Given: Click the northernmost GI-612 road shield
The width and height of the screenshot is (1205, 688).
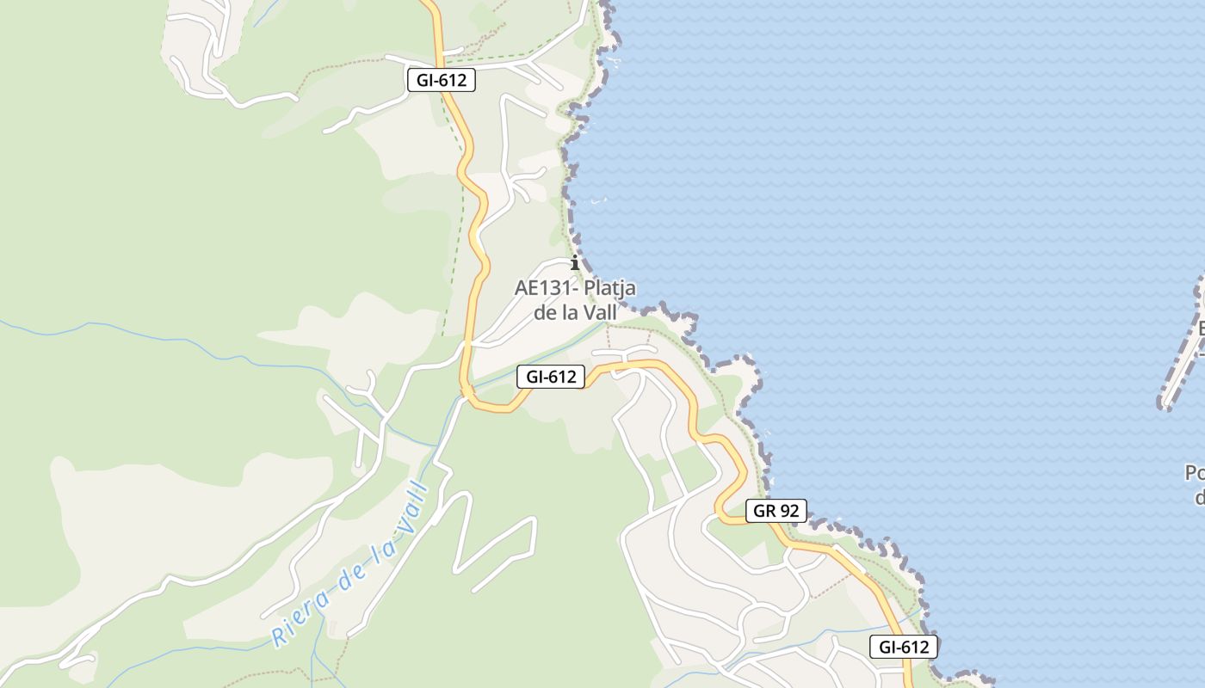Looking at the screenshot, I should coord(441,81).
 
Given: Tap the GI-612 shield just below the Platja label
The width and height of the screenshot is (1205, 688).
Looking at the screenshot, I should coord(551,376).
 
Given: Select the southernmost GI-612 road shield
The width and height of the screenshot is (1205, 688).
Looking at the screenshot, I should coord(903,647).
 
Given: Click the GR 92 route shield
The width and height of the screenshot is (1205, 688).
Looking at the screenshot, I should coord(776,511).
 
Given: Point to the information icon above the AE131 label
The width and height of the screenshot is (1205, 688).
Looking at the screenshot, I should coord(575,263).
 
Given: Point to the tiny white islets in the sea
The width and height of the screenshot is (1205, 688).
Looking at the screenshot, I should coord(598,202).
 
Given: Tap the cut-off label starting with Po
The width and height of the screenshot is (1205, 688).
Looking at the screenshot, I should coord(1195,474).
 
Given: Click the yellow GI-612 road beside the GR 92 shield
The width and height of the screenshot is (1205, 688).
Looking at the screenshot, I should coord(730,516).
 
